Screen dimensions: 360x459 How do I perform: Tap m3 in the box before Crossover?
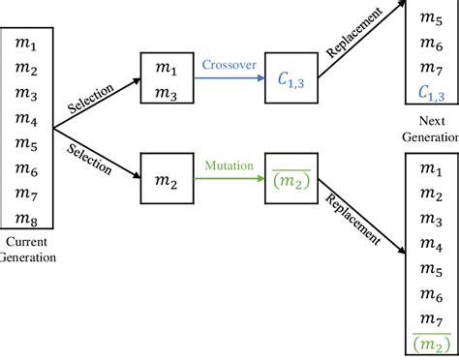166,92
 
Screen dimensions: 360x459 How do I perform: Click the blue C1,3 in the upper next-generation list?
431,92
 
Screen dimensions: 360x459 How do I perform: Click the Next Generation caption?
431,130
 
